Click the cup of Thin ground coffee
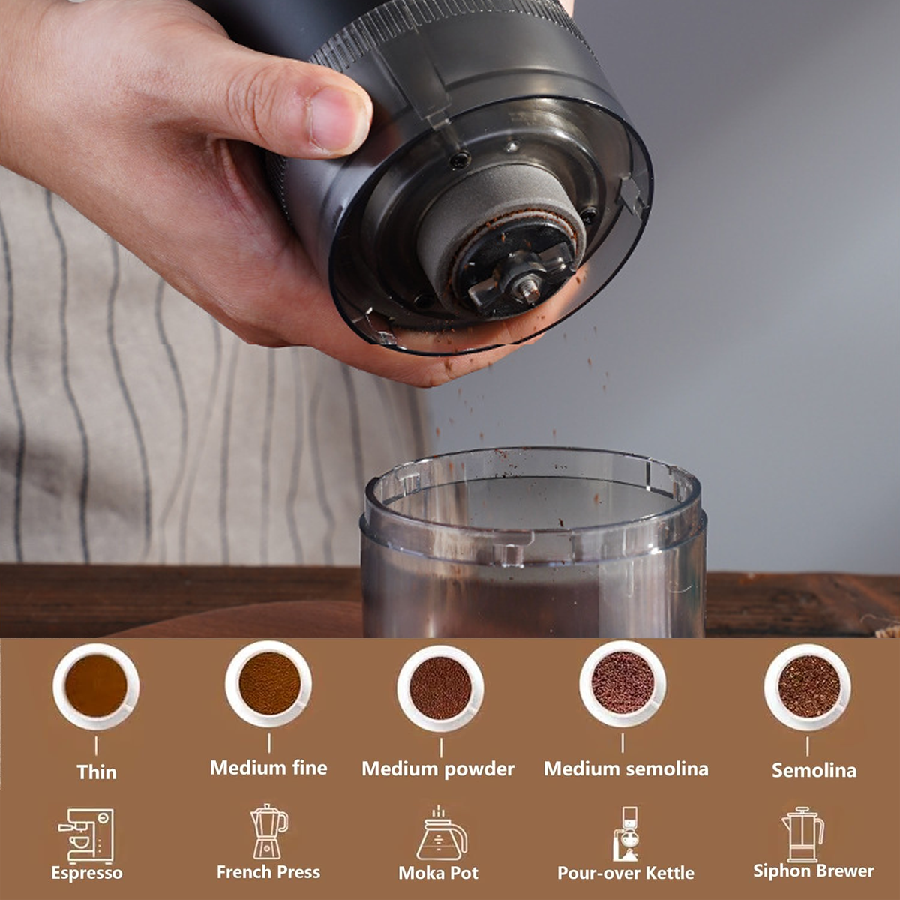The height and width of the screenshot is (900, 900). tap(96, 686)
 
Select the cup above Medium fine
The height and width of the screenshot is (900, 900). tap(268, 683)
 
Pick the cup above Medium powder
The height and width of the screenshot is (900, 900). tap(440, 688)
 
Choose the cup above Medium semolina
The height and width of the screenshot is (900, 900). tap(622, 683)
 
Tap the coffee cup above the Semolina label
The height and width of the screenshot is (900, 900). tap(808, 686)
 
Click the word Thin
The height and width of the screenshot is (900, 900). tap(97, 772)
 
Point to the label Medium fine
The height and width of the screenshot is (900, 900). tap(268, 768)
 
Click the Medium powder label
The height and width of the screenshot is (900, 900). tap(438, 769)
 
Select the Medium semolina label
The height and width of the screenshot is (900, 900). tap(625, 769)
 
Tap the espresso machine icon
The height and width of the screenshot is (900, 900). tap(86, 835)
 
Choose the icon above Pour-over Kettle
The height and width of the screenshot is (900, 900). tap(625, 834)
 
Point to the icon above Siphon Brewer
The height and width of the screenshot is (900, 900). tap(802, 834)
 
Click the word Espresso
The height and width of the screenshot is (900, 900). tap(87, 873)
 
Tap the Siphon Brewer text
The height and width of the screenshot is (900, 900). tap(814, 871)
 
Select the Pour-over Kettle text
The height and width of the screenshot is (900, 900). tap(625, 873)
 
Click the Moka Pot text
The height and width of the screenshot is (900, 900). tap(438, 873)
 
